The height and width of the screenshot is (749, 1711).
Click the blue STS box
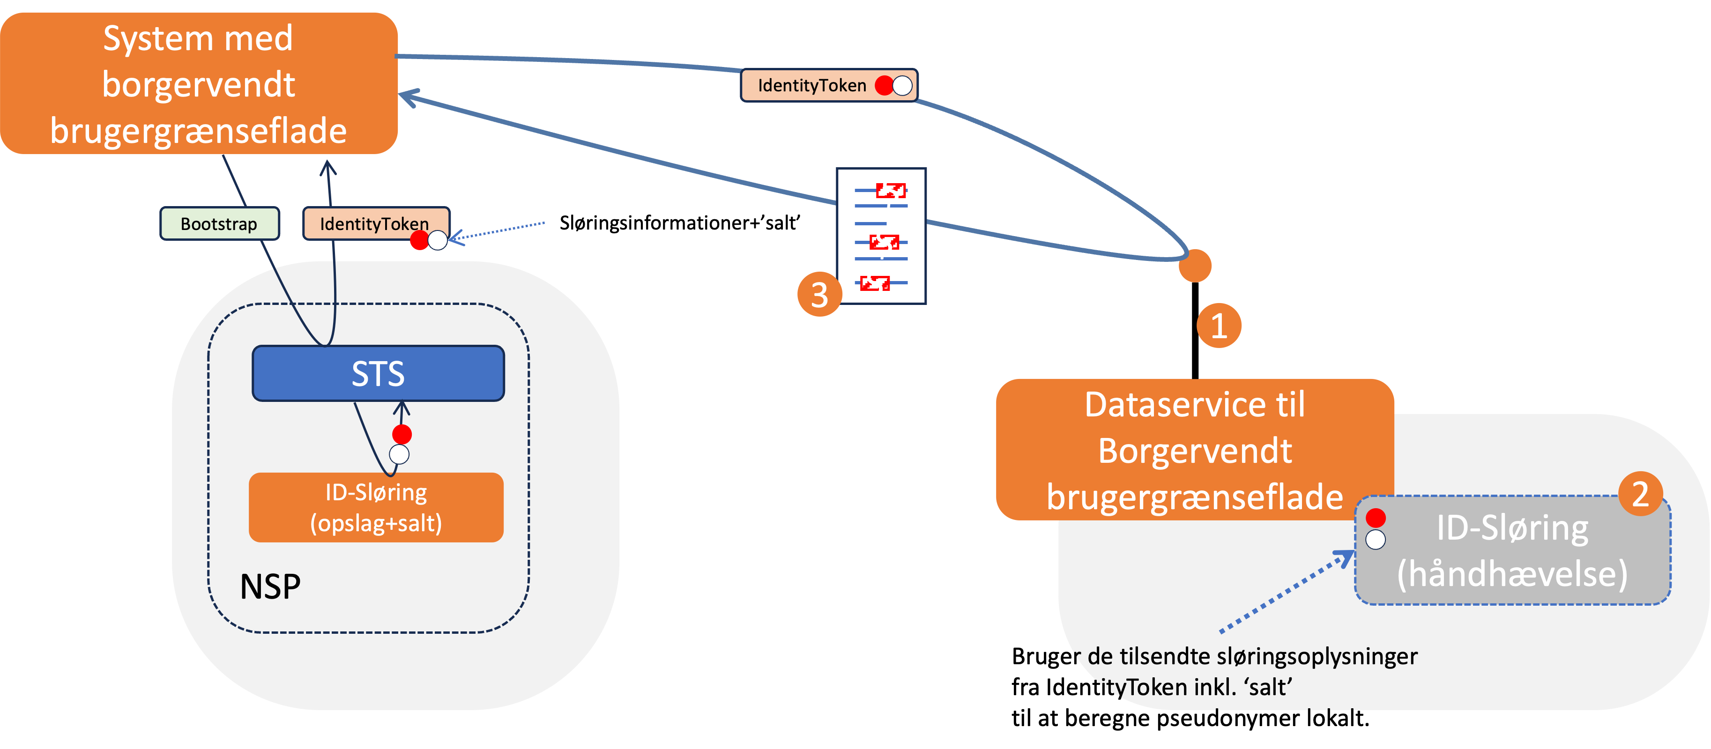point(378,373)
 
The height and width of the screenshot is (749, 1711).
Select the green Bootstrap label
point(219,224)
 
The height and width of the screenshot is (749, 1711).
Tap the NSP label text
point(270,587)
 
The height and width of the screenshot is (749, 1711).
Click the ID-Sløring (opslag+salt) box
point(376,507)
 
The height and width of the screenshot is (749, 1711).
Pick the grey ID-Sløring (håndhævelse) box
point(1512,550)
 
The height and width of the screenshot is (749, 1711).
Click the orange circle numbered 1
point(1219,326)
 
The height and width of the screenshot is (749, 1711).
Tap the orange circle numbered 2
point(1640,494)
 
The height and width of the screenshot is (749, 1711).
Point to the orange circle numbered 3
point(819,294)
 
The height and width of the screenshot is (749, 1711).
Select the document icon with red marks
point(881,236)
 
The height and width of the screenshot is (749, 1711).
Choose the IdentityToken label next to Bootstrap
point(375,224)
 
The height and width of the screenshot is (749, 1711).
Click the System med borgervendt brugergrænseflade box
point(199,84)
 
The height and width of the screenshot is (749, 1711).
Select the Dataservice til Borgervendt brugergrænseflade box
point(1194,450)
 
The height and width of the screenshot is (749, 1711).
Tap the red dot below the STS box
point(402,434)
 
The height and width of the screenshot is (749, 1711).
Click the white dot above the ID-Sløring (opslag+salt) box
point(399,455)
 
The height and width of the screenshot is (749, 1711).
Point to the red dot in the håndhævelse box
point(1376,517)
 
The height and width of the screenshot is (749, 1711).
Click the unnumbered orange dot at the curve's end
point(1195,266)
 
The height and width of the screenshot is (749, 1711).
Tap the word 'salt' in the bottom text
point(1267,687)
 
